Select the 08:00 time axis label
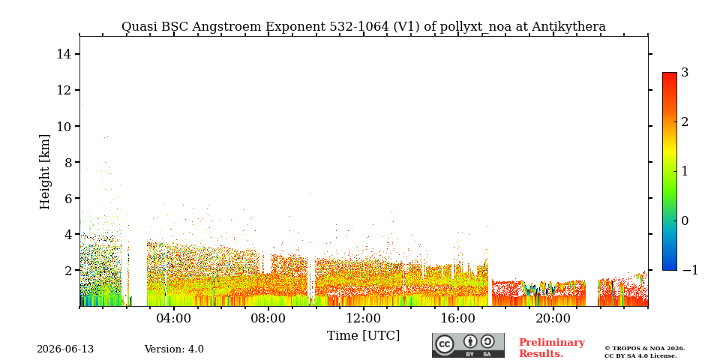(268, 318)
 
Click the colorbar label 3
(685, 73)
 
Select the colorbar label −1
(690, 271)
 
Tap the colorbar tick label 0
(685, 220)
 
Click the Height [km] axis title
(44, 172)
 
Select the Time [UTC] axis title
(363, 336)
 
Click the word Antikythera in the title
(568, 27)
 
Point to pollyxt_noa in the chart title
(477, 27)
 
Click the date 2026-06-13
(65, 349)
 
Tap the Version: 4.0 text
(174, 349)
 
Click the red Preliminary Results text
(552, 348)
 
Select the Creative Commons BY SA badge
(468, 345)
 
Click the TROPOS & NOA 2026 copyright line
(644, 349)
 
